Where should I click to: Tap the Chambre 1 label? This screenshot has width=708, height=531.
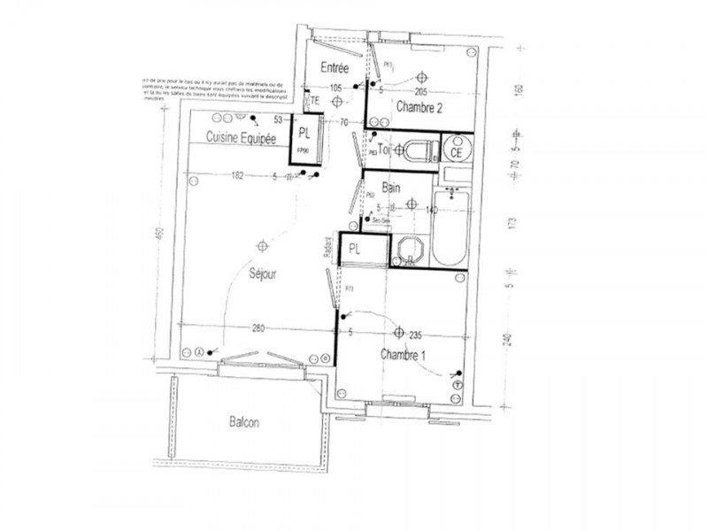pyautogui.click(x=404, y=354)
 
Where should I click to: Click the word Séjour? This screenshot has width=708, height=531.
pyautogui.click(x=263, y=274)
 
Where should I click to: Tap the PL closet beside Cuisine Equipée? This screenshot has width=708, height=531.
pyautogui.click(x=304, y=135)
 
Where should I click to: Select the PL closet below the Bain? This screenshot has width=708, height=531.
pyautogui.click(x=354, y=250)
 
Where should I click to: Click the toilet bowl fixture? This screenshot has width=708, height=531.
pyautogui.click(x=419, y=150)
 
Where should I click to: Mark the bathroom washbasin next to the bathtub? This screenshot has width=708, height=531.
pyautogui.click(x=407, y=249)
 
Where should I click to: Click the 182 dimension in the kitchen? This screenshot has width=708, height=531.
pyautogui.click(x=235, y=176)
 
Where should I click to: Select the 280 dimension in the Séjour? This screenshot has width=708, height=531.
pyautogui.click(x=258, y=330)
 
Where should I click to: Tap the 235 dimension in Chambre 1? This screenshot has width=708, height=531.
pyautogui.click(x=415, y=335)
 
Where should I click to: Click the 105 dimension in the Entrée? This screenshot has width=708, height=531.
pyautogui.click(x=335, y=88)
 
